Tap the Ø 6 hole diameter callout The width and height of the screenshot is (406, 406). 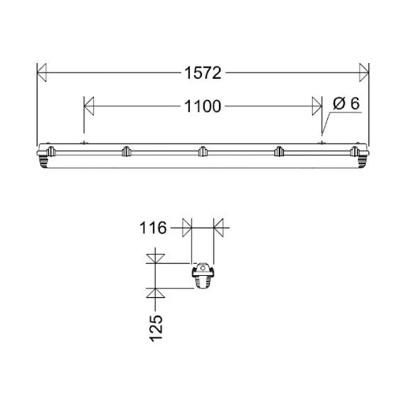(346, 103)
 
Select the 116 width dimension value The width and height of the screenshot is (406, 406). (155, 229)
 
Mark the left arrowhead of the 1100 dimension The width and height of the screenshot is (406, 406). (89, 106)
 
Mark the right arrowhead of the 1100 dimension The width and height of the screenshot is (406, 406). (317, 106)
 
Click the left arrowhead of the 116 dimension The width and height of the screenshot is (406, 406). (187, 229)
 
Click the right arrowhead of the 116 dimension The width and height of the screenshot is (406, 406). (219, 229)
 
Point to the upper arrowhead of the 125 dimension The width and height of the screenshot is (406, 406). (156, 257)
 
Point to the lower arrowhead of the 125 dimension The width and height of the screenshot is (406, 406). (156, 295)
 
